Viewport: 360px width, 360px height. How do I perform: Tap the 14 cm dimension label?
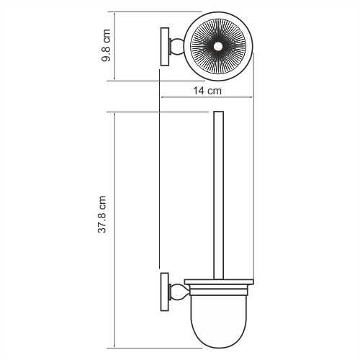tap(207, 91)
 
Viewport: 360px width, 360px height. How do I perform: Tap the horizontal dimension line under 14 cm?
tap(207, 99)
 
